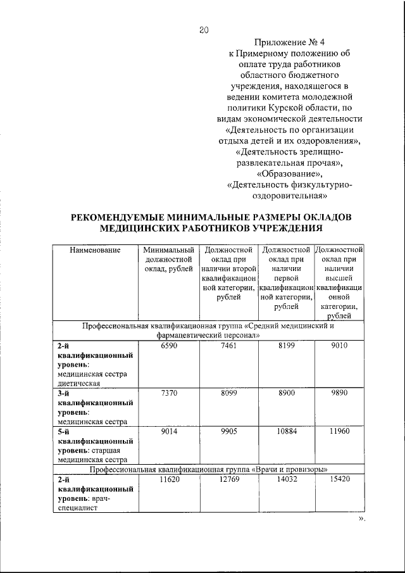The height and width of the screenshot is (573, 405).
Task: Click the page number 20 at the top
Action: (x=203, y=29)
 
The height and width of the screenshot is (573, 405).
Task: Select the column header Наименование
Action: (x=95, y=250)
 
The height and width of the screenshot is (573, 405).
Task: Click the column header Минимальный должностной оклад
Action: (x=168, y=260)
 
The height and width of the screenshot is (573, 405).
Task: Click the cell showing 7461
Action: (x=228, y=345)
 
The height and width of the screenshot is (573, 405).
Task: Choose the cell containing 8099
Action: (x=228, y=393)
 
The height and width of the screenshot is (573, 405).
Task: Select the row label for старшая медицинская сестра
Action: (x=95, y=446)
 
